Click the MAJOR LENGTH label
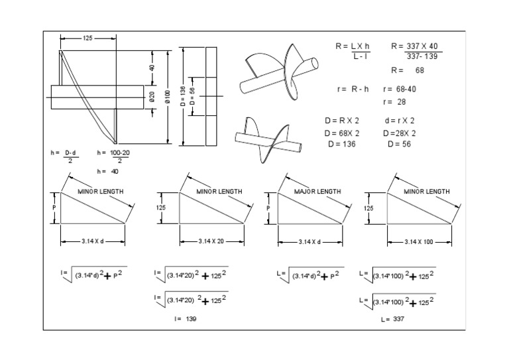coord(317,191)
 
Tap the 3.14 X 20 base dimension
coord(212,242)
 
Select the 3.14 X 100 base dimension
coord(418,242)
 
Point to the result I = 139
coord(185,319)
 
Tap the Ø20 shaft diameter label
coord(152,97)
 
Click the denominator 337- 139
coord(420,57)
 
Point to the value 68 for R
coord(420,70)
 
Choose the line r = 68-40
coord(400,89)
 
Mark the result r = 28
coord(394,102)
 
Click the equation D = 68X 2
coord(342,133)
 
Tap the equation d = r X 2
coord(400,121)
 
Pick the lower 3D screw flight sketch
coord(267,141)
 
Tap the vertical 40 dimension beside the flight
coord(151,68)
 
